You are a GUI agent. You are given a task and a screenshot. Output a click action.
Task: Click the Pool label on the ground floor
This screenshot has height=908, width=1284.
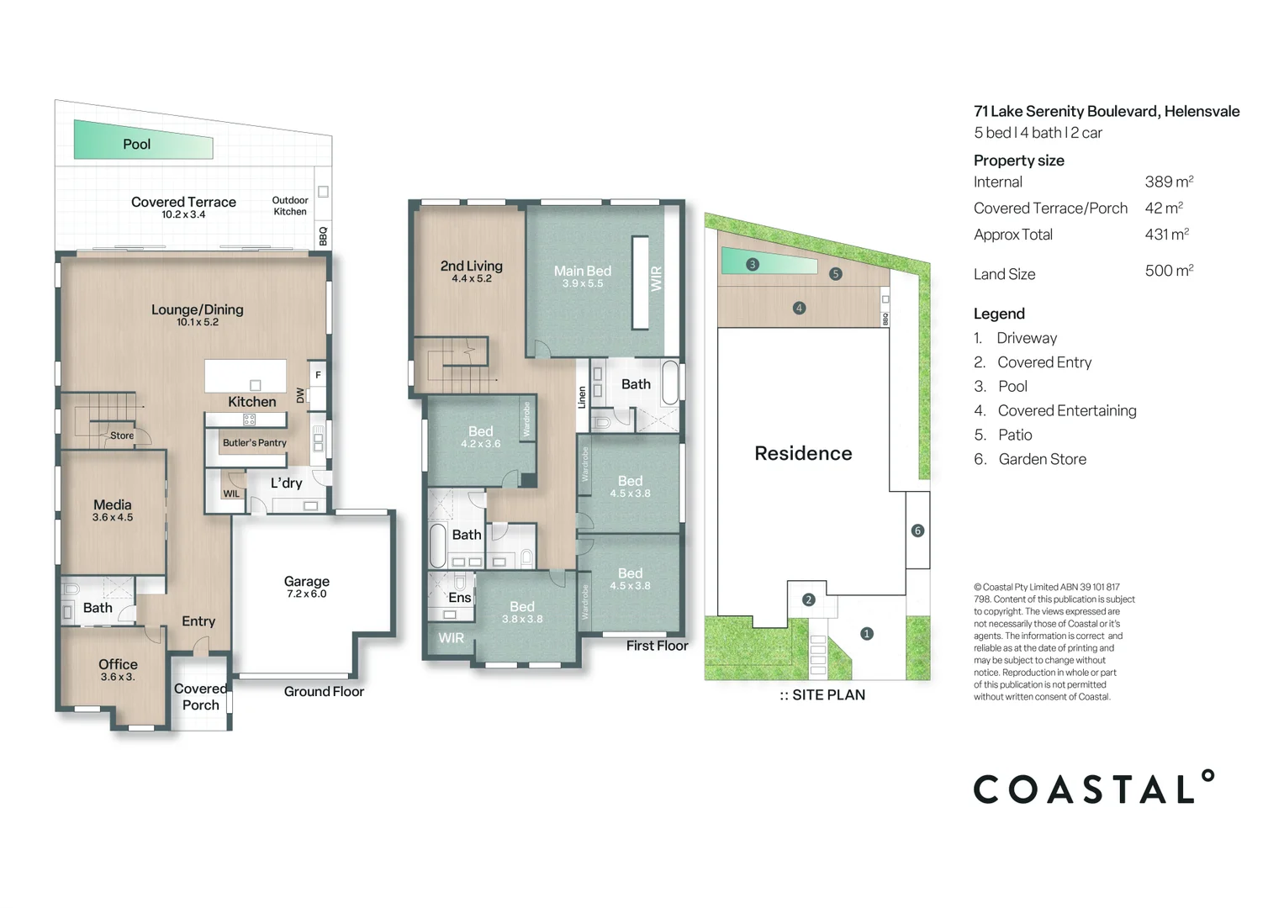[x=136, y=145]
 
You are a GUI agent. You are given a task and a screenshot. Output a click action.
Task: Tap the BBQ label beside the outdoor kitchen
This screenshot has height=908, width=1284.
[x=323, y=235]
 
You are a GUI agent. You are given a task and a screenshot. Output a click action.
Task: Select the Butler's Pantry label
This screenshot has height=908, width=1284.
[x=254, y=443]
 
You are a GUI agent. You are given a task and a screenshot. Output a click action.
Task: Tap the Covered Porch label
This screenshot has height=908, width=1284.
[x=200, y=697]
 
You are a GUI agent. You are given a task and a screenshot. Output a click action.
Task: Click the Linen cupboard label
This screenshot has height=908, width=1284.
[x=581, y=398]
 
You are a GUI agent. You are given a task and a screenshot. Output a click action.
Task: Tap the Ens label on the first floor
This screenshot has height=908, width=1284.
[x=459, y=598]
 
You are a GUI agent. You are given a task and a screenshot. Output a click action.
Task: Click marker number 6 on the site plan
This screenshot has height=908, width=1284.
[x=917, y=531]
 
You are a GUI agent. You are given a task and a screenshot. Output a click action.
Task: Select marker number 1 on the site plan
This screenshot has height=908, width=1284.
[x=866, y=634]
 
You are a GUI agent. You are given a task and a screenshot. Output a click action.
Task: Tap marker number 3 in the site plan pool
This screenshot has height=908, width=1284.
[x=753, y=265]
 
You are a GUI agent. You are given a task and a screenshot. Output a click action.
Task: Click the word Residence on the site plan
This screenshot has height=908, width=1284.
[x=803, y=454]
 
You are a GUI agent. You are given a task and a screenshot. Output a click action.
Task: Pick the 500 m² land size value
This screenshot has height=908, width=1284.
[x=1169, y=271]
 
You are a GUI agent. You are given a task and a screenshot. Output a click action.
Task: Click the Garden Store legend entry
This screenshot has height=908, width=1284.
[x=1041, y=459]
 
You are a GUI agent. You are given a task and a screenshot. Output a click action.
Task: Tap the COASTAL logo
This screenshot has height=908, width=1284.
[x=1093, y=789]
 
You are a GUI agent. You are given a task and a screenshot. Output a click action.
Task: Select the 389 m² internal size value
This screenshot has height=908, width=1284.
[x=1169, y=182]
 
